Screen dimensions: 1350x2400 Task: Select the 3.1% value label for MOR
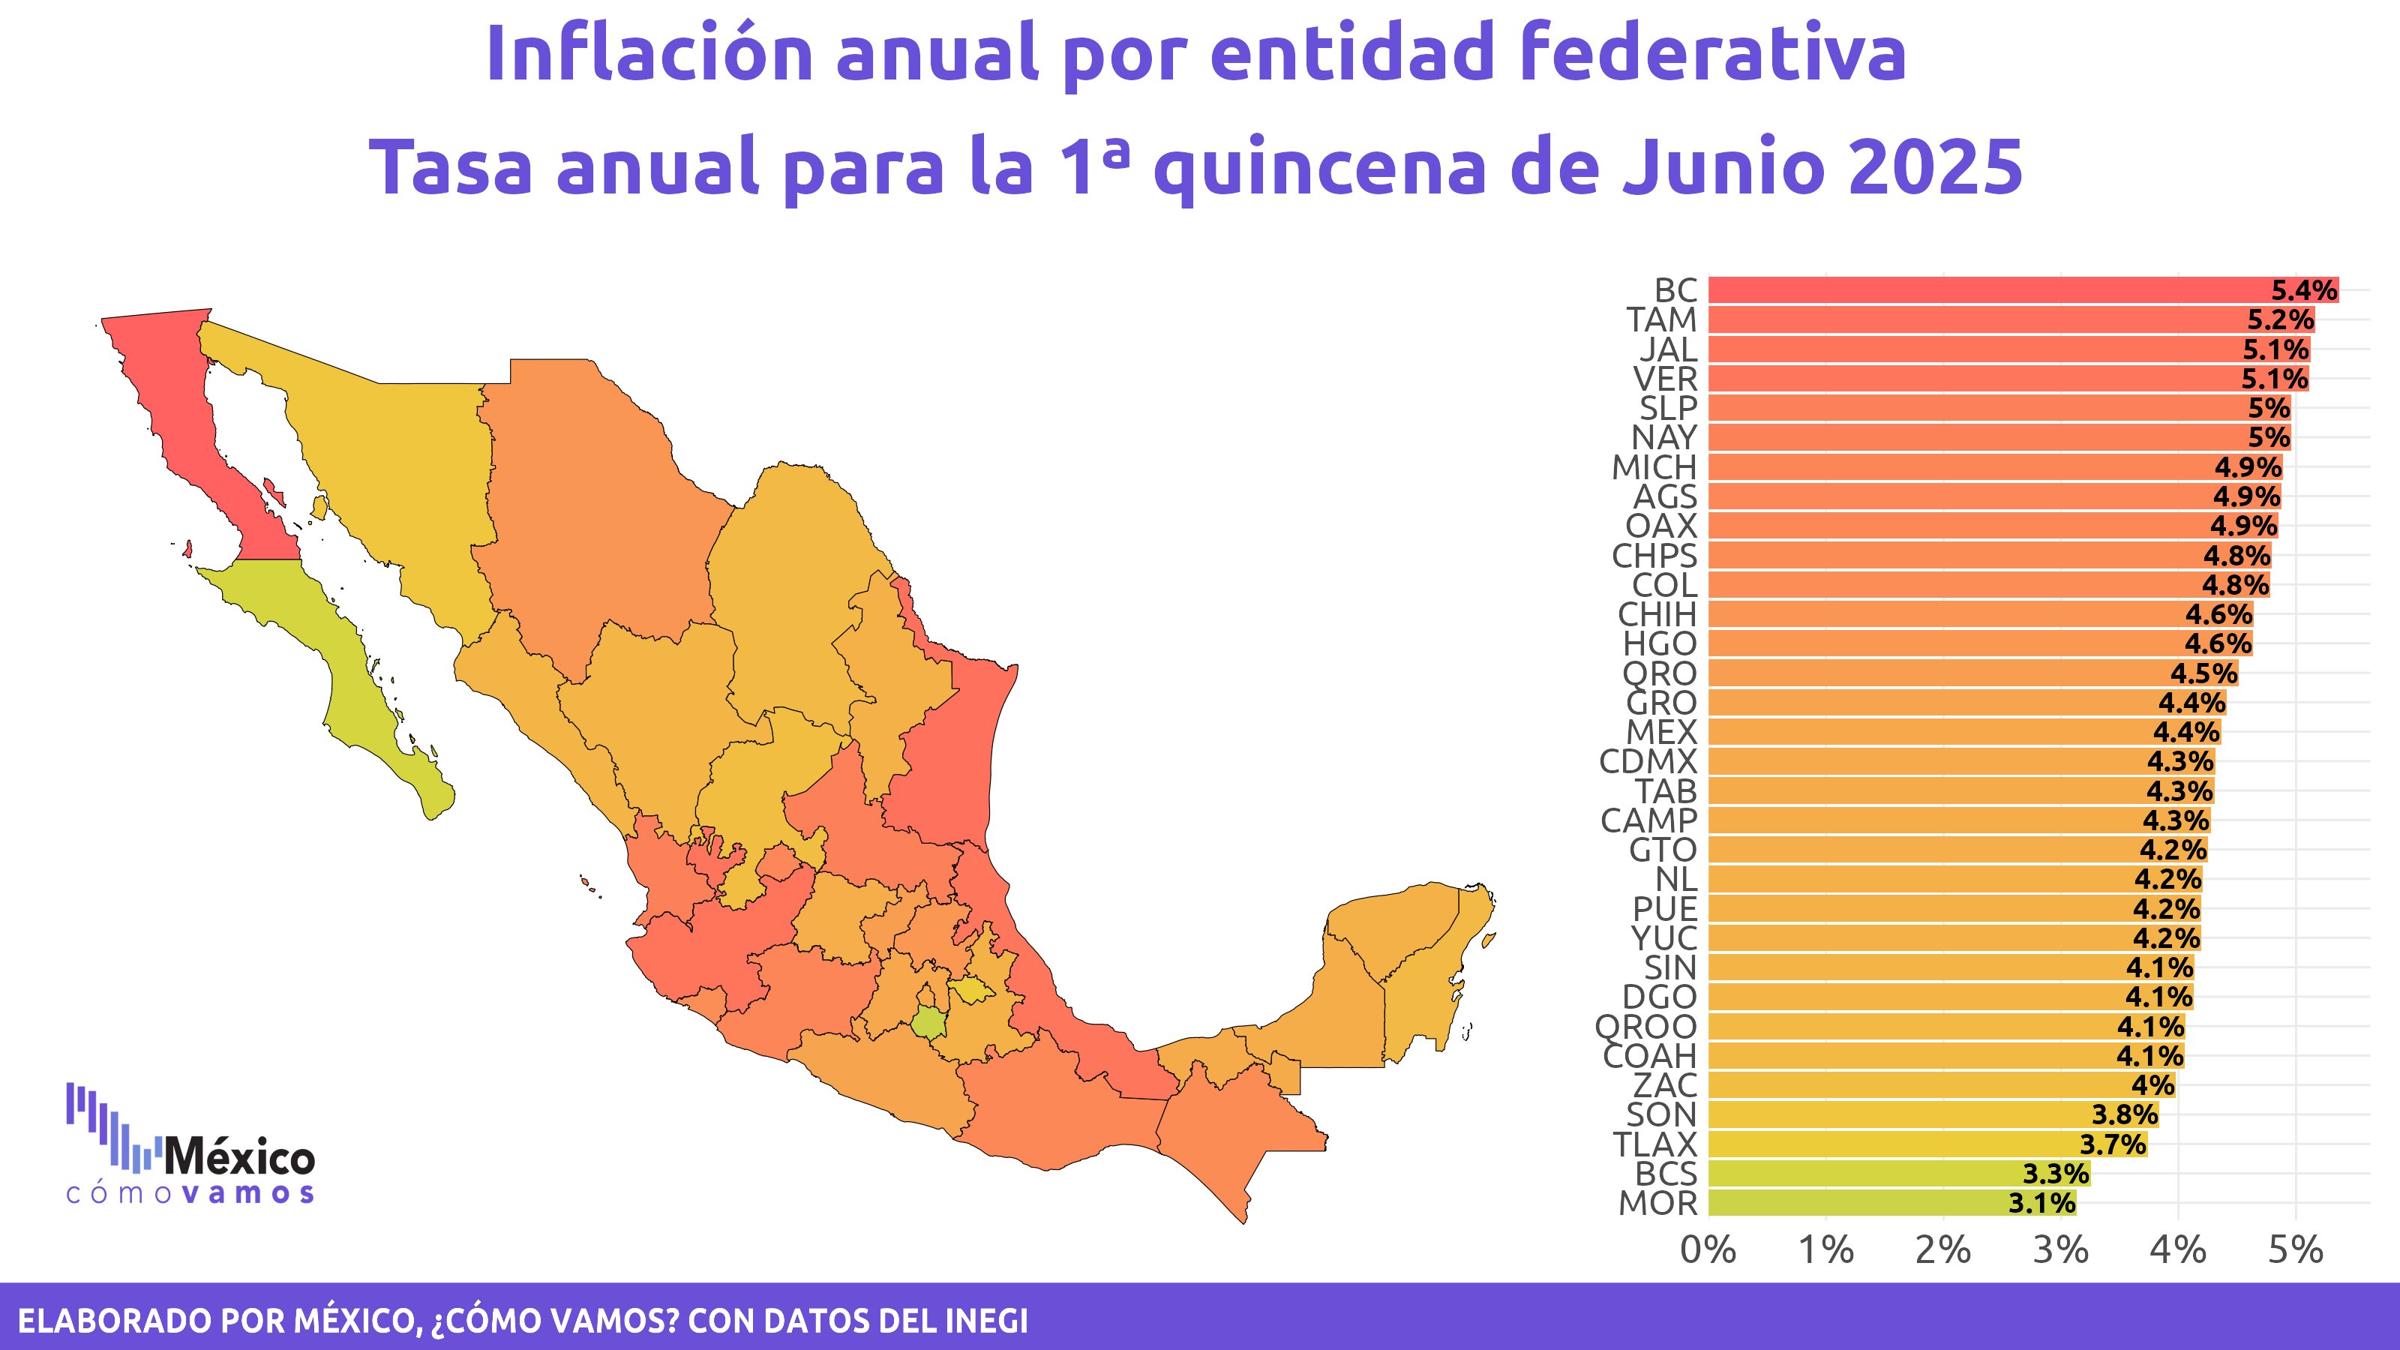pos(2040,1203)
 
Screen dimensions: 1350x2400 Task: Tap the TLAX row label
pos(1654,1144)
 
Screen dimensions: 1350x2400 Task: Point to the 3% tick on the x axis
pos(2060,1250)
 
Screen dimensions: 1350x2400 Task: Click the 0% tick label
pos(1708,1250)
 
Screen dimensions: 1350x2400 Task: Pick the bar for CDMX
pos(1957,761)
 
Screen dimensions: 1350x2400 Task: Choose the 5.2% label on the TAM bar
pos(2280,319)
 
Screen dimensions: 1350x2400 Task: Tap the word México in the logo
pos(239,1158)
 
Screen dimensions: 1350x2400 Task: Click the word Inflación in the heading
pos(649,53)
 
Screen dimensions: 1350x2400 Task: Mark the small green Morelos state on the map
pos(928,1023)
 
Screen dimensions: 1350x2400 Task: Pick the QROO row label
pos(1645,1027)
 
